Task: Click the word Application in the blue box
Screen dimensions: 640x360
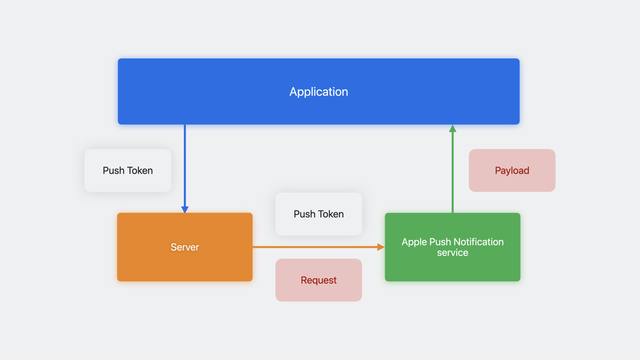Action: click(x=319, y=92)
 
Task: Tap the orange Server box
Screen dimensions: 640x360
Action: click(x=185, y=247)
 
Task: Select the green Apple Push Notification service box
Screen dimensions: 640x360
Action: click(x=453, y=247)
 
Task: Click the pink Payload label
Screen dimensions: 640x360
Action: click(x=512, y=170)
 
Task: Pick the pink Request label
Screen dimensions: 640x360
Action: click(x=319, y=280)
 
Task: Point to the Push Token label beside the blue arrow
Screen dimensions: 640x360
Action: click(x=128, y=170)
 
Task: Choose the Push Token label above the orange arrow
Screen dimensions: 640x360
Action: click(x=319, y=214)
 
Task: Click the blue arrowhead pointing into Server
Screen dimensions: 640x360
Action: click(x=185, y=209)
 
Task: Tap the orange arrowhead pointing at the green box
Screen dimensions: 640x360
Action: click(x=381, y=247)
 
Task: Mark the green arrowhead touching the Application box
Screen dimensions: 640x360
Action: click(x=453, y=128)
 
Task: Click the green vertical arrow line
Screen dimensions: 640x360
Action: click(x=453, y=169)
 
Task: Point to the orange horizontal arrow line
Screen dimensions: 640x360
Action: click(x=319, y=247)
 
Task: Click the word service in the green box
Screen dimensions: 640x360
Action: click(x=453, y=253)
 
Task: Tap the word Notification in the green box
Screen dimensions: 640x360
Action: click(x=479, y=242)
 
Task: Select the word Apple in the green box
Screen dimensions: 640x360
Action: click(x=414, y=242)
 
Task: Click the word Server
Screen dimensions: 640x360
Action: click(x=185, y=247)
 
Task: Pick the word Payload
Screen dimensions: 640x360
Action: click(x=512, y=171)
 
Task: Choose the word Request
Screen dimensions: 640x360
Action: click(x=319, y=280)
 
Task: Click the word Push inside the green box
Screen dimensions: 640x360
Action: click(x=440, y=242)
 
